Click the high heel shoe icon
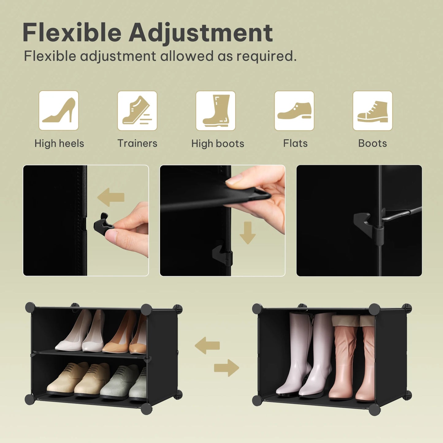tap(59, 110)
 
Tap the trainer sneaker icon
tap(137, 110)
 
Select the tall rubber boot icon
tap(216, 110)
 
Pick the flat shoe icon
tap(294, 110)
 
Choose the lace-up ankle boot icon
tap(372, 110)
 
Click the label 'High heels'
tap(59, 143)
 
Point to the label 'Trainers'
tap(137, 143)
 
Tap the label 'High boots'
tap(218, 143)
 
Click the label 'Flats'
tap(295, 143)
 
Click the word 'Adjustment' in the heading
tap(200, 32)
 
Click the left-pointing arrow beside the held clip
tap(111, 197)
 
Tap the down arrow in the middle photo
tap(247, 233)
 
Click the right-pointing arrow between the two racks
tap(226, 368)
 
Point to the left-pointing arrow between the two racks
tap(208, 346)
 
